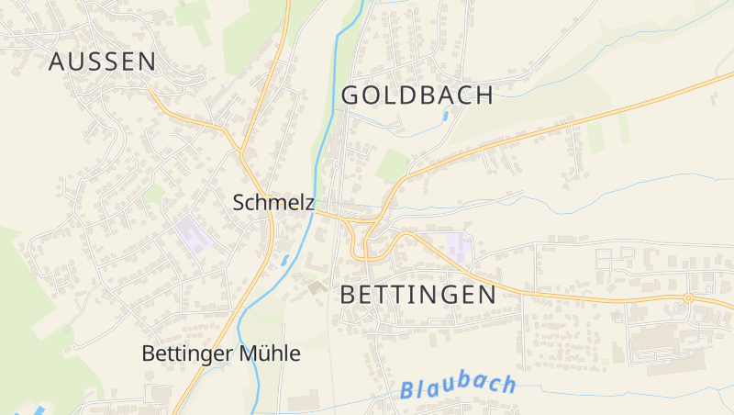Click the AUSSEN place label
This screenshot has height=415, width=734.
pos(102,62)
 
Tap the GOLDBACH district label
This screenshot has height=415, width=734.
pos(417,95)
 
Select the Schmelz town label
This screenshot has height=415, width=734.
pos(273,202)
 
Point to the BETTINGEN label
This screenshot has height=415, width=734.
pos(417,295)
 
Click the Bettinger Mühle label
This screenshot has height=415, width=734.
pos(221,353)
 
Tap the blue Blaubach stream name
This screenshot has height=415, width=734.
pos(458,387)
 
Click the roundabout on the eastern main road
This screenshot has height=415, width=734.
pos(688,297)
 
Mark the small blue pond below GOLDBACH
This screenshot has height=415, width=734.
pos(446,117)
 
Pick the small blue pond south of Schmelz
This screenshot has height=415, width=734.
pos(285,260)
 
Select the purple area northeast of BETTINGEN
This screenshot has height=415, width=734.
pos(459,245)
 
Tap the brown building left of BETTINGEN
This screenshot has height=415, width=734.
pos(317,288)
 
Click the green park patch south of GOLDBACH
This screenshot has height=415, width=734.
pos(392,165)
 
